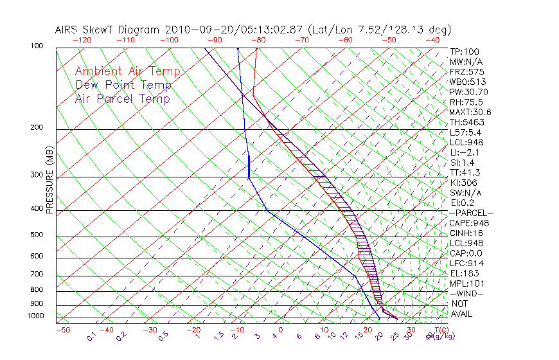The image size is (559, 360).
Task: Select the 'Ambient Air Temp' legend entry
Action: [127, 71]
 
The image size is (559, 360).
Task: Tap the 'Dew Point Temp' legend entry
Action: [123, 85]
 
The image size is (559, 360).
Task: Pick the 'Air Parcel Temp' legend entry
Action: [122, 98]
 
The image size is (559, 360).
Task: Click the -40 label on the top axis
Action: [432, 40]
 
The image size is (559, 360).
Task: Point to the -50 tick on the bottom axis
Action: [62, 330]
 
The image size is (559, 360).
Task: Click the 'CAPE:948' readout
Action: [469, 223]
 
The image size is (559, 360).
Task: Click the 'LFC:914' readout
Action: [466, 263]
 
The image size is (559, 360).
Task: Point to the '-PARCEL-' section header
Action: [472, 213]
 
